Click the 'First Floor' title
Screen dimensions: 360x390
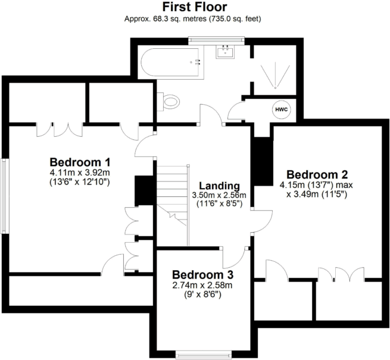click(195, 8)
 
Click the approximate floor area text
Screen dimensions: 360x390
click(195, 19)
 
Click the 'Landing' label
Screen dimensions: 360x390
click(219, 185)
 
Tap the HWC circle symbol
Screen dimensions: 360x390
click(280, 110)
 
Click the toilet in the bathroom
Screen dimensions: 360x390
click(169, 101)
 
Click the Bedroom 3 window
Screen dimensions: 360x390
click(202, 356)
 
